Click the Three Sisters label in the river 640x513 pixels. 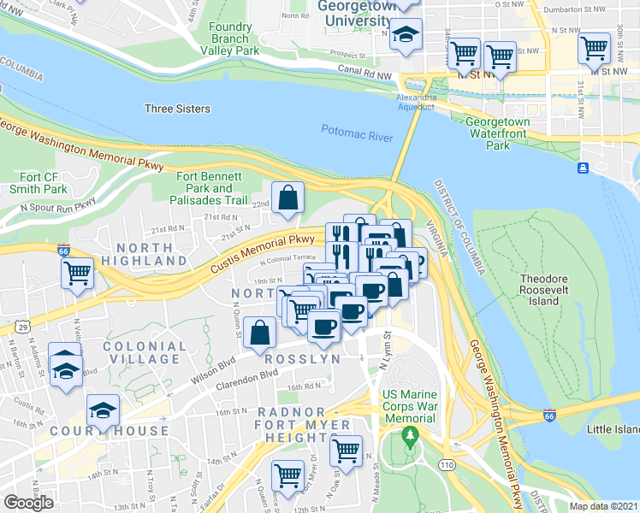click(x=177, y=109)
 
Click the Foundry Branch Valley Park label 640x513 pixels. click(x=234, y=38)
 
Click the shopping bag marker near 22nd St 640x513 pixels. click(x=288, y=198)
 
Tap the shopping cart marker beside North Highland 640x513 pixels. click(x=77, y=274)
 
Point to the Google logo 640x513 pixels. click(x=28, y=502)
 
